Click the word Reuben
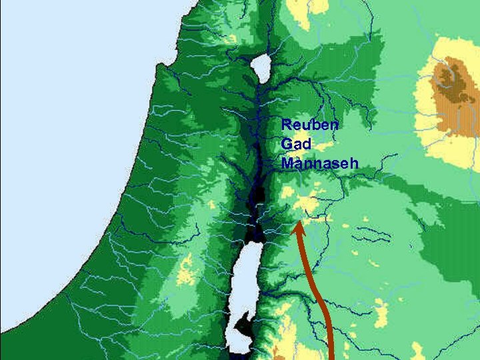310,125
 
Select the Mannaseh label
320,163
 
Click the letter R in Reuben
287,125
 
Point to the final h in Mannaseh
354,163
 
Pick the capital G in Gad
287,144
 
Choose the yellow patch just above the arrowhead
307,203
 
